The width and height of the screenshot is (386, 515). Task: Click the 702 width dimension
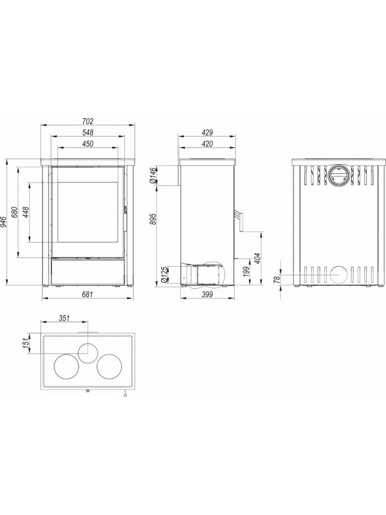[88, 121]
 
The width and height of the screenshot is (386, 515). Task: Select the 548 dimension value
[88, 132]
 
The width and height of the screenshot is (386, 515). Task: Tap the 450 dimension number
[88, 143]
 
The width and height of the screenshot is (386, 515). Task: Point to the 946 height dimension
[4, 222]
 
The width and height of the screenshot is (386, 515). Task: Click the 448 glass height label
[25, 212]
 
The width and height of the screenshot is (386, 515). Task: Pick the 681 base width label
[88, 294]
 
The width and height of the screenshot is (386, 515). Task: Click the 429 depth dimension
[207, 133]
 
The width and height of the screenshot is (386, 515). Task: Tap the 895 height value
[152, 219]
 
